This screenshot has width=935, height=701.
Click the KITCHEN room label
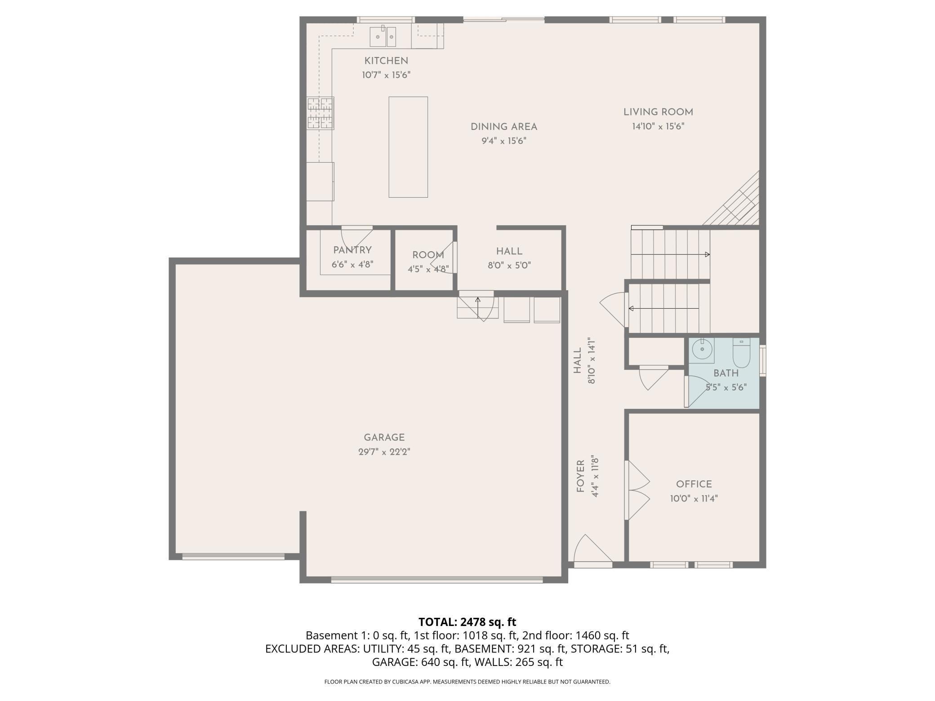(386, 61)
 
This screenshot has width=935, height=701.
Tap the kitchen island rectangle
(408, 147)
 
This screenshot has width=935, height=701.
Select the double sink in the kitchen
(383, 36)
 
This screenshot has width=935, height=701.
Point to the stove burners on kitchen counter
(320, 113)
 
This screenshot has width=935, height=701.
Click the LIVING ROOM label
(658, 112)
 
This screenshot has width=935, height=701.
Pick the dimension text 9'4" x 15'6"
(503, 141)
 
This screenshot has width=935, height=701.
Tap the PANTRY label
(352, 250)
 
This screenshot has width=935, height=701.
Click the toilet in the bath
(741, 353)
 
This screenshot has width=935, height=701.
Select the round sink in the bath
(702, 349)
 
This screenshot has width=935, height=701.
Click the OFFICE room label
(694, 484)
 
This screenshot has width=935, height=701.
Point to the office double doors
(637, 490)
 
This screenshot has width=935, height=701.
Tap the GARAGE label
(384, 438)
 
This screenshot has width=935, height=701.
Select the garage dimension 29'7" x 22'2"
(384, 452)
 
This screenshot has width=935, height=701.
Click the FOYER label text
(580, 476)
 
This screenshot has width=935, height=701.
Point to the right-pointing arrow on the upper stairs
(707, 255)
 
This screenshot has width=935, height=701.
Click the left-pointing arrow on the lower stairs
(631, 309)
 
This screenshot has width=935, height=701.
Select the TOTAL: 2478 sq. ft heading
(467, 622)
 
